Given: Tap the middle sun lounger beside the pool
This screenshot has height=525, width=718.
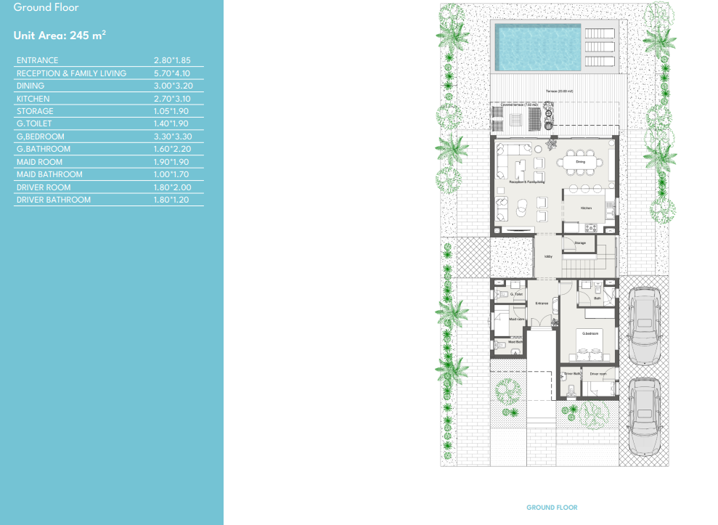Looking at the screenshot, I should point(599,45).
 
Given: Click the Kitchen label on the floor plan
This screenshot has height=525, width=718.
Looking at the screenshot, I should point(587,208).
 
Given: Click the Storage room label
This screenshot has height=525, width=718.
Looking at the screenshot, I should point(580,243).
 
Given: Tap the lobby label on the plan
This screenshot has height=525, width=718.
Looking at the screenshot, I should point(549,256).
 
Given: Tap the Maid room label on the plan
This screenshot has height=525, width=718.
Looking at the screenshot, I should point(517,319).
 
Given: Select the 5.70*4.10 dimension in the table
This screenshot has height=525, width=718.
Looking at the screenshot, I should point(171,73).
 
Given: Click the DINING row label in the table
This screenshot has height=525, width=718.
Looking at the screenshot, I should point(30,86).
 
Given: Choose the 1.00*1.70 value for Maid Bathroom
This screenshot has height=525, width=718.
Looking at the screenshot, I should point(171,174).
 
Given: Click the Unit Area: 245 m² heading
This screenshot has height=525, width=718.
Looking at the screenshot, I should point(60,35).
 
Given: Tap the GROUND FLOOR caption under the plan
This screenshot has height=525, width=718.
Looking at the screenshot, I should point(552,508).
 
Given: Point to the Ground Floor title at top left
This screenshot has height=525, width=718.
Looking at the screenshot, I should point(46,7).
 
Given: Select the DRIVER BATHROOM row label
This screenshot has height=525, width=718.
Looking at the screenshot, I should point(54,200).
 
